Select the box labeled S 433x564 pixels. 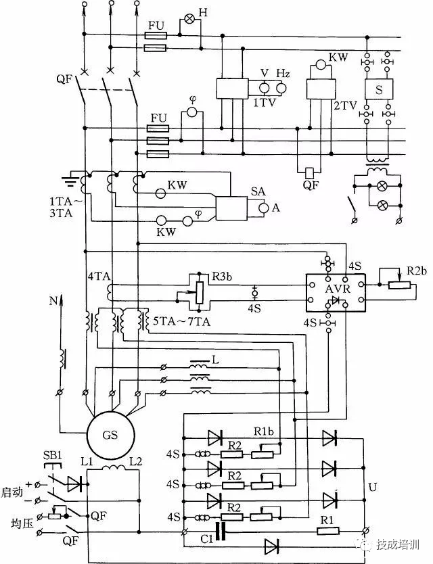pyautogui.click(x=379, y=89)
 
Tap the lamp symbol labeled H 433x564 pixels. pyautogui.click(x=189, y=20)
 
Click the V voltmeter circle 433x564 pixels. pyautogui.click(x=265, y=88)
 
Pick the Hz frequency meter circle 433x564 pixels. pyautogui.click(x=281, y=88)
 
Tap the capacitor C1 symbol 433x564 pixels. pyautogui.click(x=221, y=532)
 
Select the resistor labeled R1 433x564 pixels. pyautogui.click(x=328, y=531)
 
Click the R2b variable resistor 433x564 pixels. pyautogui.click(x=399, y=285)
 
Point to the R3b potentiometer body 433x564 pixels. pyautogui.click(x=199, y=292)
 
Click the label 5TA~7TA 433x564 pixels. pyautogui.click(x=182, y=321)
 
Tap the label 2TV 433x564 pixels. pyautogui.click(x=345, y=105)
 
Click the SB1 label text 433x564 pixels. pyautogui.click(x=53, y=456)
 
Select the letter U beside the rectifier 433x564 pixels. pyautogui.click(x=373, y=488)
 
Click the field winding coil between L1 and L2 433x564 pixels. pyautogui.click(x=114, y=467)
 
